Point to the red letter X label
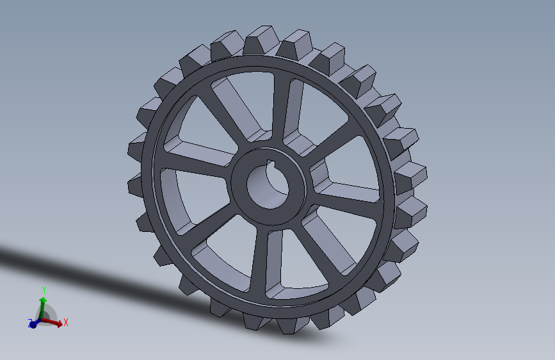coord(65,323)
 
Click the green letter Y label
coord(44,290)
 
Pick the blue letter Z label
coord(30,324)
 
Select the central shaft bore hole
coord(268,189)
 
